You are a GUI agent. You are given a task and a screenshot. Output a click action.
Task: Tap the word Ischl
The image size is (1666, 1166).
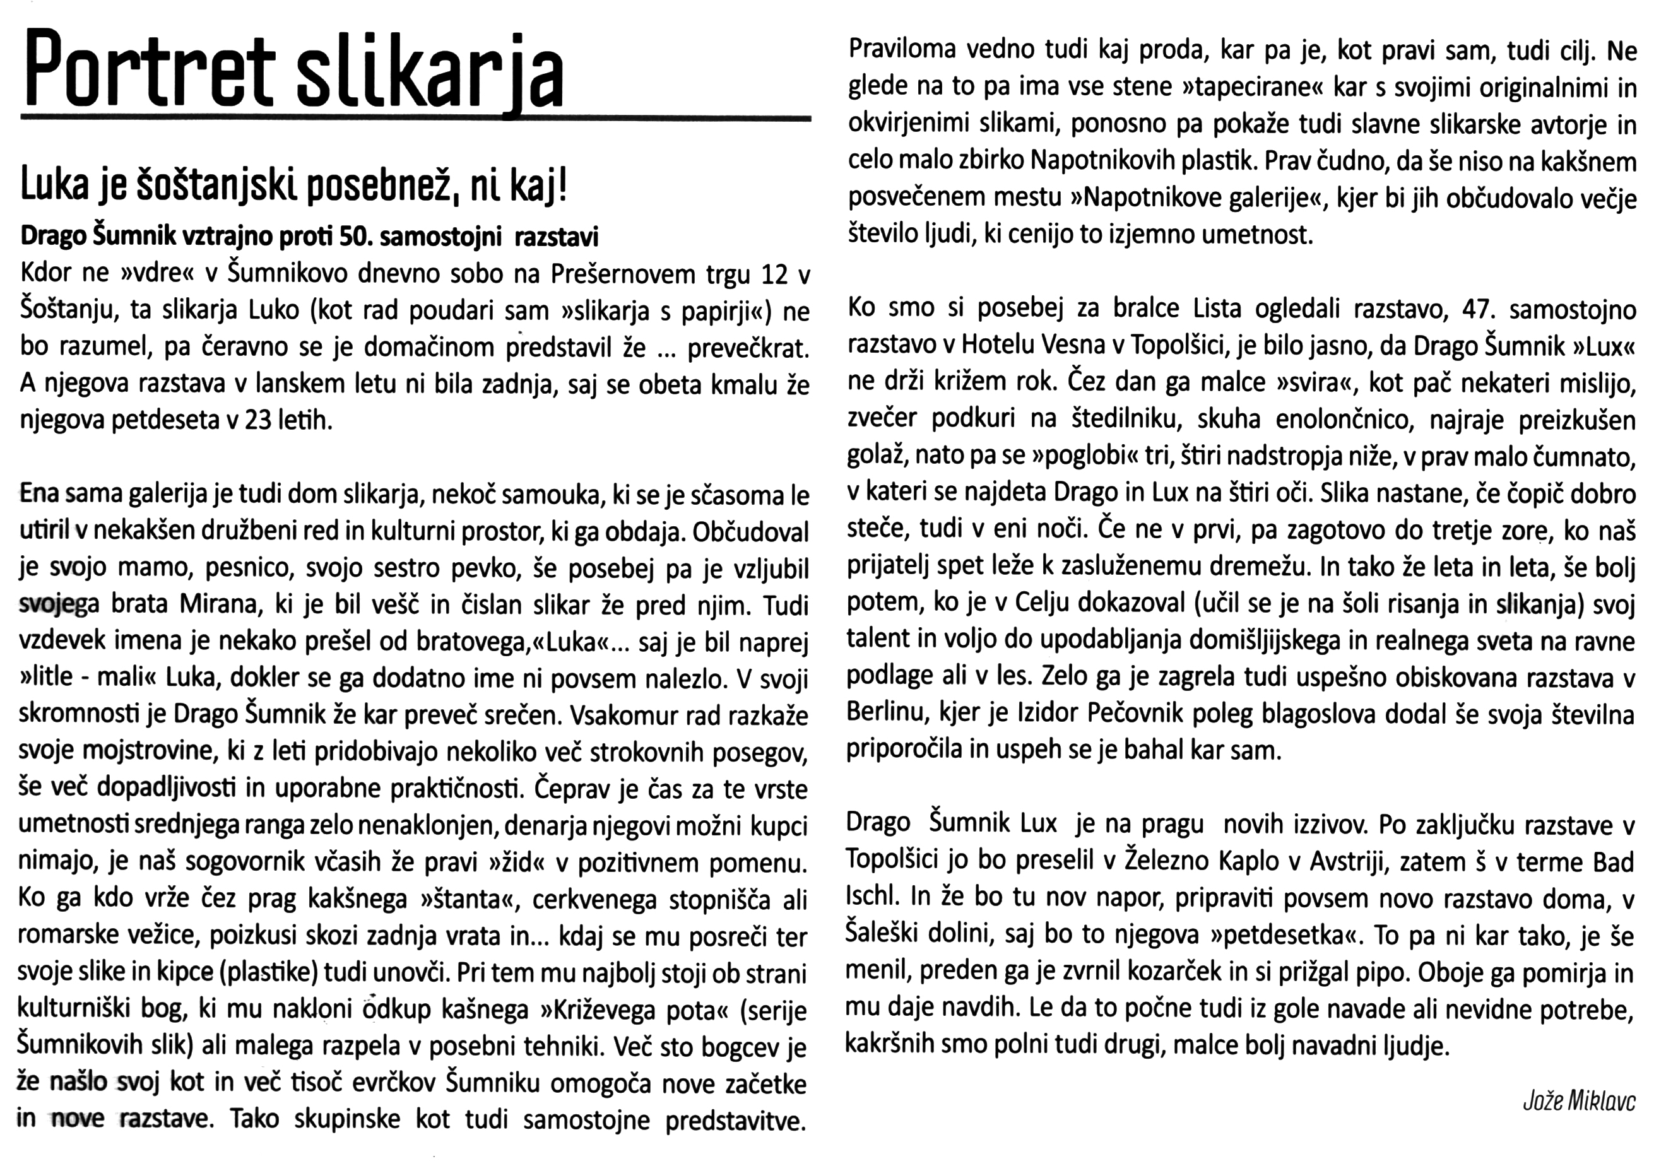coord(871,898)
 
